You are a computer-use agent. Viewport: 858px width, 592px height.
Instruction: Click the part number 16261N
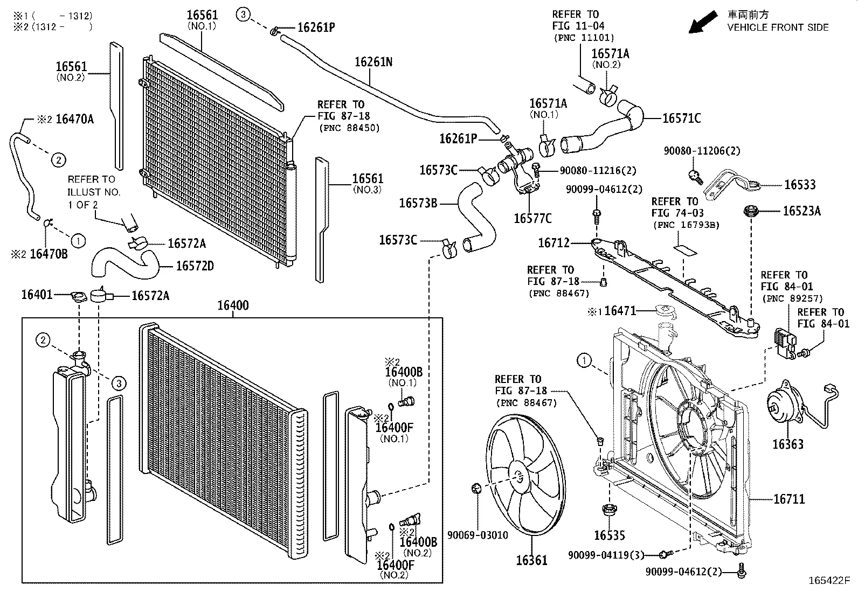point(373,62)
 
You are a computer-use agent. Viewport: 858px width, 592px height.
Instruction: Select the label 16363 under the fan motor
point(787,444)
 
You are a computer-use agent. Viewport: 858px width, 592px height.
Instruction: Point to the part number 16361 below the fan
point(531,560)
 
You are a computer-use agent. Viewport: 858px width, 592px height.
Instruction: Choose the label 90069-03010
point(478,535)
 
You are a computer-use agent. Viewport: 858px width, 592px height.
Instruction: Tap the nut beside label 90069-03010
point(476,488)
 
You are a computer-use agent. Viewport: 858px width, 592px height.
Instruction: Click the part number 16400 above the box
point(233,305)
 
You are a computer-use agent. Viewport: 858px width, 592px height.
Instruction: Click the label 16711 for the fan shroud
point(789,499)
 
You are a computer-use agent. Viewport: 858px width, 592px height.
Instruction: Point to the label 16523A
point(801,211)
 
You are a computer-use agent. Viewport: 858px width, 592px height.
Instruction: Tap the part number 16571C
point(681,119)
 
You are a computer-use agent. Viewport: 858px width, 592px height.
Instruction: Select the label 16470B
point(49,254)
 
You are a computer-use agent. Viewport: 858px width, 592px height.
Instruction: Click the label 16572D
point(195,266)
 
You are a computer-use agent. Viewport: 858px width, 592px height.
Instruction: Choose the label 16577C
point(532,218)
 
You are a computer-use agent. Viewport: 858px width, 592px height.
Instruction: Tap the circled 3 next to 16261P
point(243,15)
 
